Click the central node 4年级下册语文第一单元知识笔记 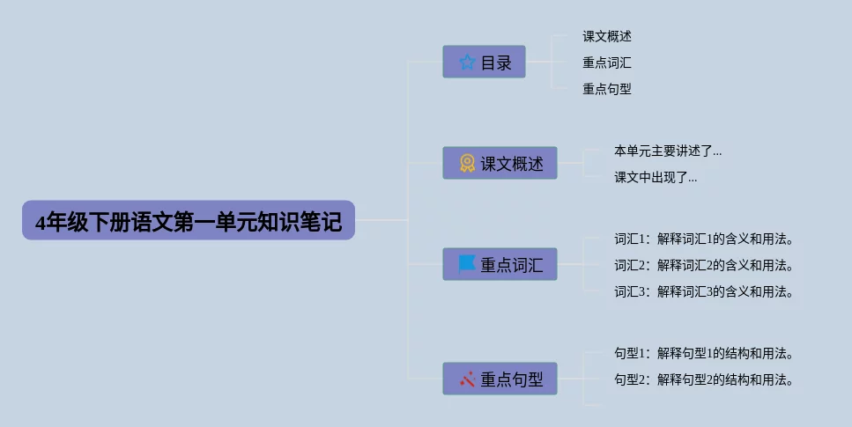(188, 221)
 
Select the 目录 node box (484, 63)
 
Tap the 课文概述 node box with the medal (500, 163)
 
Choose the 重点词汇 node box (500, 264)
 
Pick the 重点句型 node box (500, 379)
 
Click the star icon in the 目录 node (467, 63)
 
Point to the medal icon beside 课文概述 (467, 163)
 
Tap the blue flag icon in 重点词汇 (467, 263)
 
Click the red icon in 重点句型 (467, 379)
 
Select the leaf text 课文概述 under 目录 (607, 37)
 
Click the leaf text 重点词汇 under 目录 (607, 63)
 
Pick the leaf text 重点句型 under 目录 (607, 89)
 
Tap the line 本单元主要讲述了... (668, 151)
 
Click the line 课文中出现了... (656, 178)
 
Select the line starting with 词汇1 (704, 239)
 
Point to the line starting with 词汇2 (704, 266)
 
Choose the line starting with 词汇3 (704, 292)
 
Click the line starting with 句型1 (704, 354)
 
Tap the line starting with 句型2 (704, 380)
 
